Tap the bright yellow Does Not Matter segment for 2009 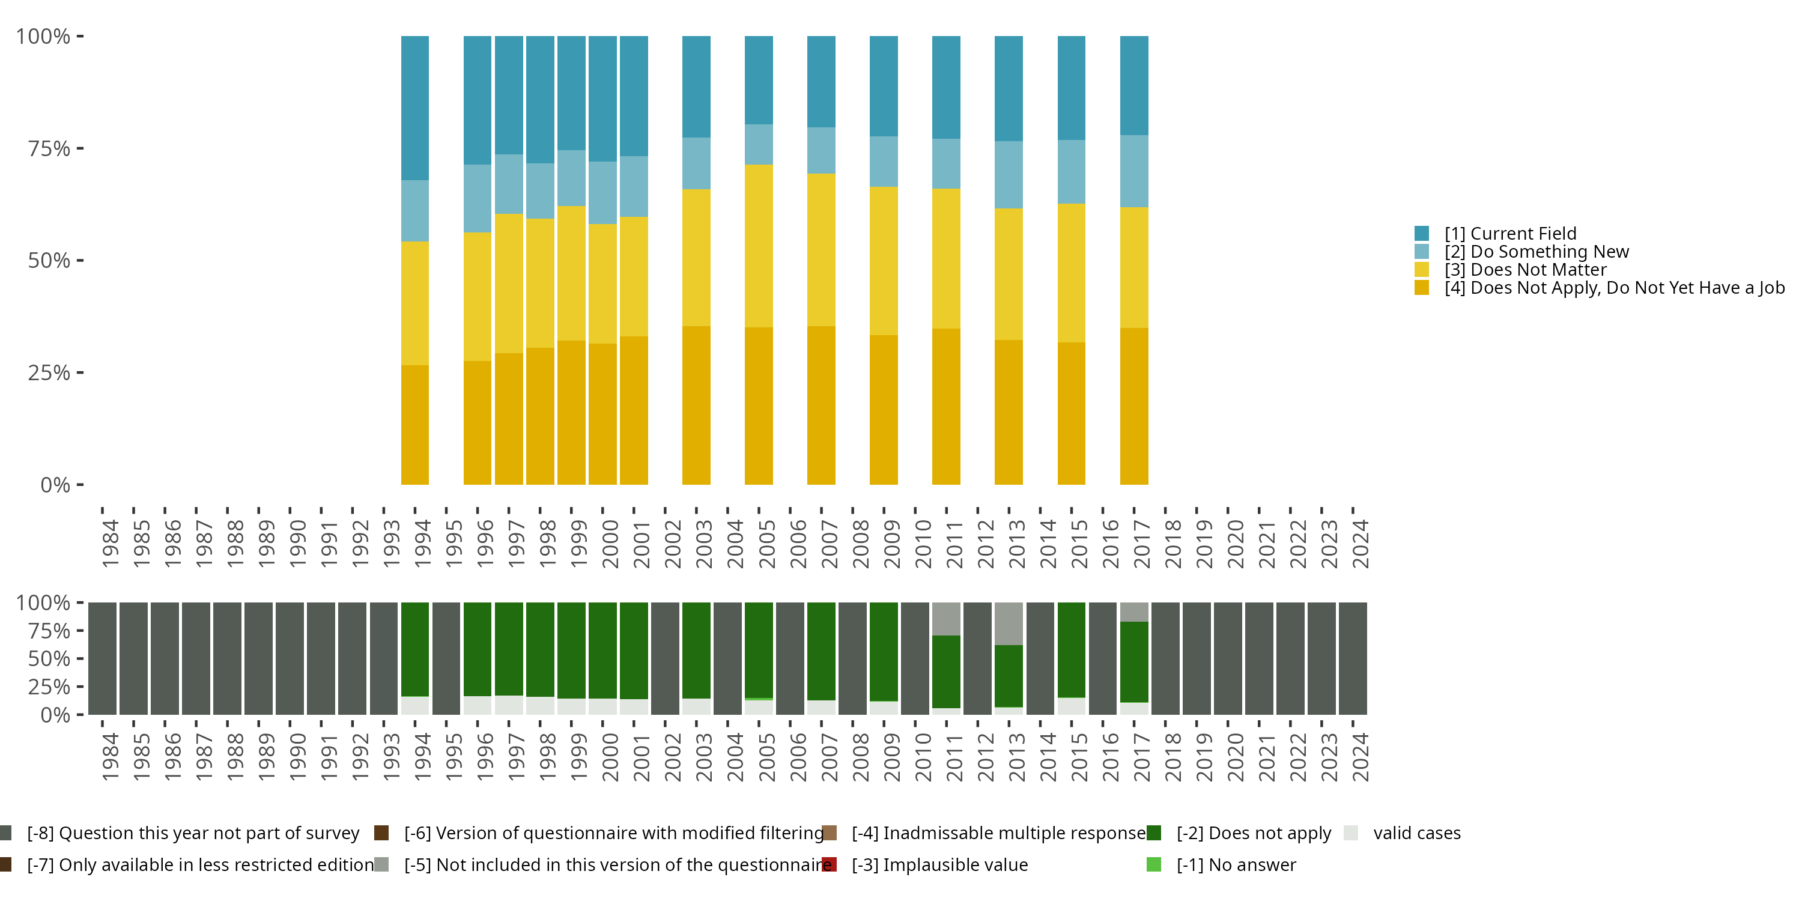[x=884, y=260]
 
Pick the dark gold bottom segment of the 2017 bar [x=1134, y=405]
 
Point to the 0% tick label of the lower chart [x=55, y=715]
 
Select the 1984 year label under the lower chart [x=111, y=757]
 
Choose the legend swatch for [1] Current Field [x=1421, y=233]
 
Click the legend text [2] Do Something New [x=1536, y=252]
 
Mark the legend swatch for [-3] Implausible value [x=830, y=864]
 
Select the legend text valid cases [x=1416, y=833]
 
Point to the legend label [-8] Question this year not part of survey [x=193, y=833]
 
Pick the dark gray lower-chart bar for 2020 [x=1228, y=658]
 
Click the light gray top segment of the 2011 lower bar [x=946, y=619]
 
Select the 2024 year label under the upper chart [x=1361, y=544]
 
